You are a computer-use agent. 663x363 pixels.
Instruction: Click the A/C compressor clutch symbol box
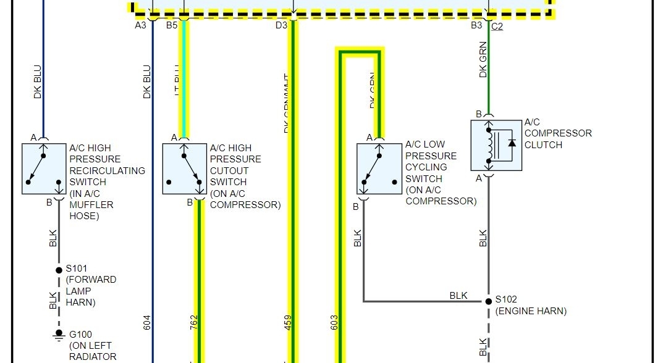[x=496, y=145]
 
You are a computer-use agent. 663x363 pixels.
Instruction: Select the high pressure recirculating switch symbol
[x=44, y=169]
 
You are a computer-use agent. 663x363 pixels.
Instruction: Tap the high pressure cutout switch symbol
[x=185, y=169]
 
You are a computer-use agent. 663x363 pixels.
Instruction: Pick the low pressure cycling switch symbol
[x=379, y=169]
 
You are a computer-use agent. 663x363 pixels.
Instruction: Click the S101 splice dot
[x=59, y=269]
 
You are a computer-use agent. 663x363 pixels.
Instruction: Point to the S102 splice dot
[x=488, y=301]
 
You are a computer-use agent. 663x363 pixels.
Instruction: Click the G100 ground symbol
[x=59, y=336]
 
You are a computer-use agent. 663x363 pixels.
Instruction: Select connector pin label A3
[x=141, y=25]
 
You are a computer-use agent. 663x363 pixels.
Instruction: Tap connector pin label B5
[x=172, y=25]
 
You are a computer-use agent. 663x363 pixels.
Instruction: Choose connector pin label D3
[x=281, y=25]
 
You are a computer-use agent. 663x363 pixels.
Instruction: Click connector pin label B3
[x=476, y=25]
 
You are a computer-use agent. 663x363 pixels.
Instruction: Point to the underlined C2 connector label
[x=497, y=27]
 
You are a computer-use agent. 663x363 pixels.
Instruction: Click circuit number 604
[x=146, y=322]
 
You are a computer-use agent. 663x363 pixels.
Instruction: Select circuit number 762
[x=193, y=322]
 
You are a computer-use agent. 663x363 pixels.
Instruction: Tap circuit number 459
[x=288, y=322]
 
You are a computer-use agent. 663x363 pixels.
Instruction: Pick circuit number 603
[x=334, y=322]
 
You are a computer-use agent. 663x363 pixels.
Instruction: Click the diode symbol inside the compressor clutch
[x=512, y=143]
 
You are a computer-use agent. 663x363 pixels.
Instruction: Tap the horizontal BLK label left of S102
[x=458, y=296]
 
